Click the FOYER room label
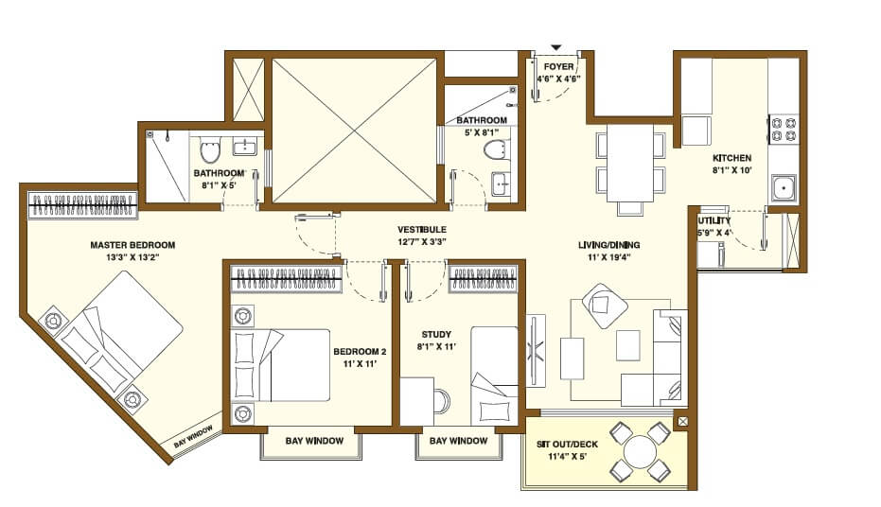point(558,67)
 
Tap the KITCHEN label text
point(731,158)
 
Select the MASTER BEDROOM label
point(132,245)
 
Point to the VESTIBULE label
point(422,230)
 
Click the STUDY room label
point(436,334)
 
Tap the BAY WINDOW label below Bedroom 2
point(309,441)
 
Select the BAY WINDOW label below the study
point(458,441)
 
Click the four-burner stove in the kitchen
point(784,129)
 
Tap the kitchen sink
point(784,189)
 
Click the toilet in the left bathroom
point(210,151)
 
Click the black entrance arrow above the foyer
point(556,46)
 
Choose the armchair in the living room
point(603,305)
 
